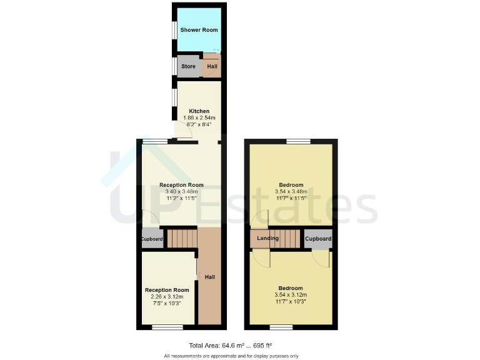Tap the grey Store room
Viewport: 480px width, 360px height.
pos(188,66)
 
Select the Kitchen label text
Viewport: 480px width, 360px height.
pos(199,111)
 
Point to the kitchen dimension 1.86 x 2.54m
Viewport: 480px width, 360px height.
pos(199,117)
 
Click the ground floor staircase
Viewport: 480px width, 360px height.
pos(182,238)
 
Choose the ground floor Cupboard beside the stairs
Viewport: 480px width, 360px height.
pos(152,239)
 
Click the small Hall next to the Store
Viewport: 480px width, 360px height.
pos(212,66)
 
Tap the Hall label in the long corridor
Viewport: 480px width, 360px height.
pos(210,276)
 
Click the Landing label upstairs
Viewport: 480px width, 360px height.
pos(267,239)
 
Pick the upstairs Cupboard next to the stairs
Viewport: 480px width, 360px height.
pos(318,239)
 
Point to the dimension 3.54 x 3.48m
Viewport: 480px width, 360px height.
pos(291,192)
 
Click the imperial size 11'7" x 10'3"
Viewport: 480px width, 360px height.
pos(291,302)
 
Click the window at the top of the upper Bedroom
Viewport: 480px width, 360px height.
pos(299,141)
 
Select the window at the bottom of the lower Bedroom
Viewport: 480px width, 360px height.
pos(281,327)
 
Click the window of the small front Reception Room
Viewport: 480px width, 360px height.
pos(167,327)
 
